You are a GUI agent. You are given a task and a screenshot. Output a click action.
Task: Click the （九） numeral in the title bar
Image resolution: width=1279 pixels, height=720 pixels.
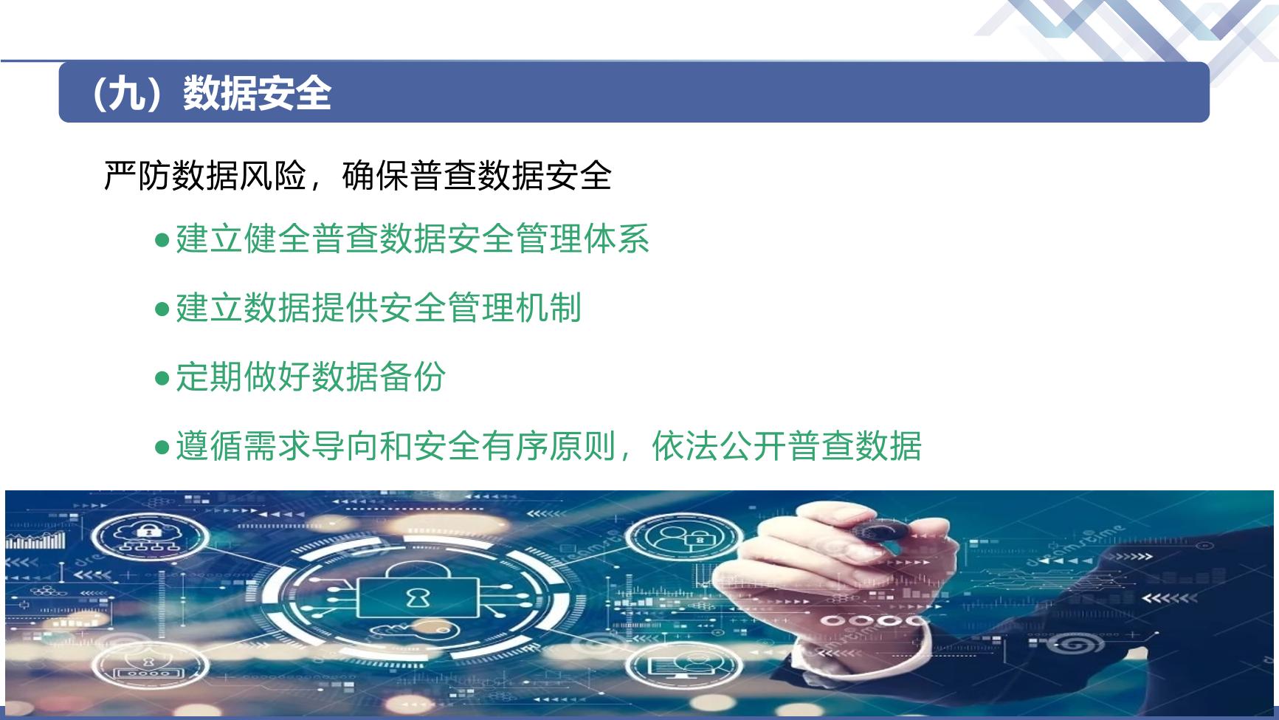(134, 94)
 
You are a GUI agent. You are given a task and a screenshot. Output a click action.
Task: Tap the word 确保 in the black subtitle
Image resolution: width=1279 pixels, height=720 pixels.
(375, 176)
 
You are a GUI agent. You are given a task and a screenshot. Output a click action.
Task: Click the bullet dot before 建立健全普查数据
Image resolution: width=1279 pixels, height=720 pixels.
(163, 240)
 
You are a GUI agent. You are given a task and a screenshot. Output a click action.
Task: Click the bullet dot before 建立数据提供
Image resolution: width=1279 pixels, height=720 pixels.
(163, 309)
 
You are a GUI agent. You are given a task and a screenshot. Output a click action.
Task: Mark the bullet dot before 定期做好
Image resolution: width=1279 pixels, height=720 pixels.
(163, 378)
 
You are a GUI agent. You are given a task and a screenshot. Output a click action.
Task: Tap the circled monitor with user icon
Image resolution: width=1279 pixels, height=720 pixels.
(680, 665)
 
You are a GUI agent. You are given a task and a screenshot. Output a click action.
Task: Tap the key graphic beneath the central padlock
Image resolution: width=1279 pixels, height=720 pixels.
(410, 630)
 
